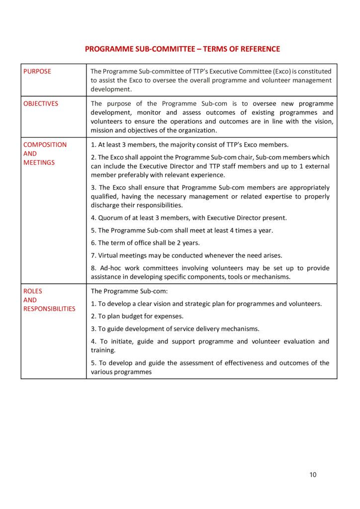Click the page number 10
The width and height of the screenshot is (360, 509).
tap(313, 474)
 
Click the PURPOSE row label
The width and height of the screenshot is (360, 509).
tap(37, 72)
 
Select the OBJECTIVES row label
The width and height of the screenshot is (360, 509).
tap(41, 104)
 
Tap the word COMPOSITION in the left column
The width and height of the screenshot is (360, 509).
tap(45, 145)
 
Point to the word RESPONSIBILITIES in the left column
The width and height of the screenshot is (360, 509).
tap(49, 309)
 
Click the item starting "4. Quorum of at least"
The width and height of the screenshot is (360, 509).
tap(189, 218)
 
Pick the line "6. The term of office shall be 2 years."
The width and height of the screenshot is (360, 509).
tap(145, 243)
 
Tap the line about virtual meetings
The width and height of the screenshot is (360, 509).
tap(186, 255)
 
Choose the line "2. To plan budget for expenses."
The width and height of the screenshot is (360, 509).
tap(137, 316)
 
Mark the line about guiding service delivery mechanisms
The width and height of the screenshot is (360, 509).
tap(175, 329)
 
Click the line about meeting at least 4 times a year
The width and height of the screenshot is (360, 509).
tap(182, 231)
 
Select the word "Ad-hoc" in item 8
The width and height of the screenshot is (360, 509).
tap(110, 268)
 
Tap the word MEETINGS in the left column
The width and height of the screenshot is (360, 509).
tap(39, 163)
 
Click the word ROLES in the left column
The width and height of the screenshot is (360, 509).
tap(33, 291)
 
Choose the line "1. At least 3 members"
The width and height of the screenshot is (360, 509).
tap(189, 145)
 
